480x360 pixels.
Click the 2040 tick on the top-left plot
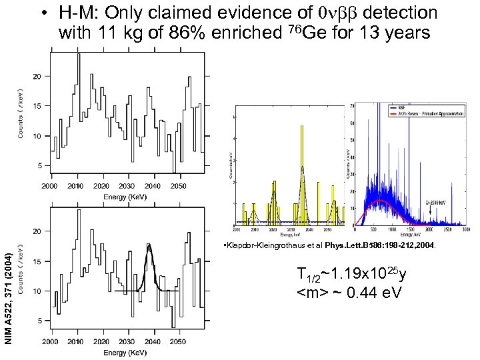153,185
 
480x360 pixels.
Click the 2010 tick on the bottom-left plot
76,341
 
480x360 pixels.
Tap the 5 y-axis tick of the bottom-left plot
39,321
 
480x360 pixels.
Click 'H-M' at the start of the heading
77,13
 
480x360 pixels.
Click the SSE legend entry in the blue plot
403,107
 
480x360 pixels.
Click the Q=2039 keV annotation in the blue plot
437,201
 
